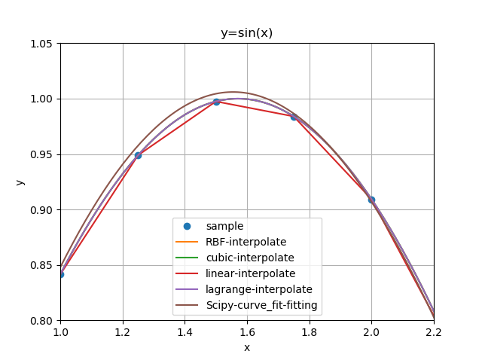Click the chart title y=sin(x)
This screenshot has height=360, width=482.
246,33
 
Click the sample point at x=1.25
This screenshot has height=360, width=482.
138,155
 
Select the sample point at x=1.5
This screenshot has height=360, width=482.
216,102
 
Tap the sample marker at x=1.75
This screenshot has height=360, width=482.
294,117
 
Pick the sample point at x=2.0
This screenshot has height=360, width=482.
371,200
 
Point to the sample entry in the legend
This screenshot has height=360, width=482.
224,226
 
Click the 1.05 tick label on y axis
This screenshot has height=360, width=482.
41,44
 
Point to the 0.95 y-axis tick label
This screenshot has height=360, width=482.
41,154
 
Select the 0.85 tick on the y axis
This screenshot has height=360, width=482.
41,265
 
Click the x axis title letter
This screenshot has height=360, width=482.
246,347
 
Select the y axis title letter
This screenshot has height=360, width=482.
20,182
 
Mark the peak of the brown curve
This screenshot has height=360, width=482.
233,92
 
